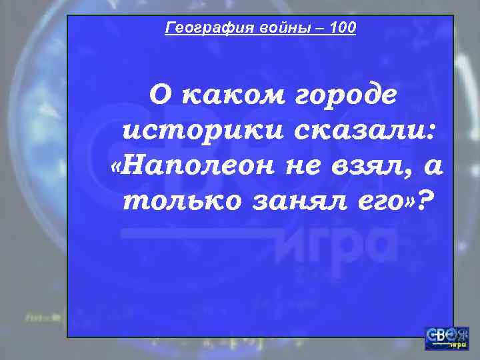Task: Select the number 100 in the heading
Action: [x=343, y=28]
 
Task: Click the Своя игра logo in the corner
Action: [x=446, y=337]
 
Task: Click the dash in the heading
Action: [x=315, y=28]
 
